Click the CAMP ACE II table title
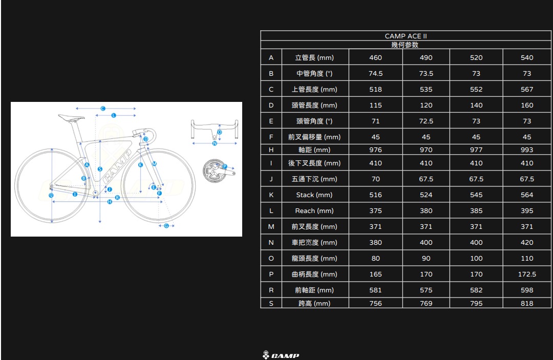[x=406, y=36]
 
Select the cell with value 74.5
[x=376, y=73]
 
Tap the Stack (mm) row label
[x=314, y=195]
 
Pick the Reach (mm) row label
[x=314, y=210]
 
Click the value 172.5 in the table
[x=527, y=274]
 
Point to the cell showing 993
[x=527, y=150]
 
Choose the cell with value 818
[x=527, y=303]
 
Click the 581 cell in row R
[x=376, y=290]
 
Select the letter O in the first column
[x=271, y=258]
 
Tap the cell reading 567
[x=527, y=89]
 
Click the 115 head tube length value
[x=376, y=105]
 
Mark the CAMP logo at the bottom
[x=281, y=355]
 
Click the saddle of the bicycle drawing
[x=71, y=117]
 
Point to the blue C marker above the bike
[x=103, y=109]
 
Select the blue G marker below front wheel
[x=166, y=226]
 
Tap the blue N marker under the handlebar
[x=215, y=143]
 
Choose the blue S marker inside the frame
[x=100, y=169]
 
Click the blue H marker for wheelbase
[x=110, y=202]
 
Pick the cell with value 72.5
[x=426, y=121]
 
